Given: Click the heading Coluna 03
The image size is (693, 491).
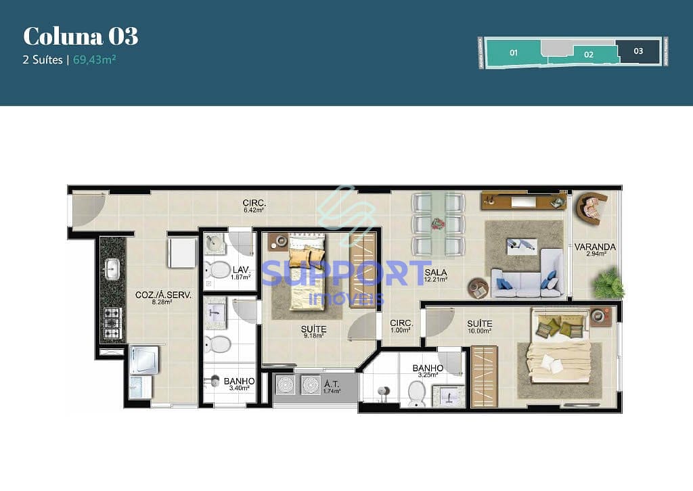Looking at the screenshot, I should [81, 36].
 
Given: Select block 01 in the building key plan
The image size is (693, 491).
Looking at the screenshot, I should [514, 52].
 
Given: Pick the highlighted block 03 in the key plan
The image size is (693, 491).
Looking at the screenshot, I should [638, 51].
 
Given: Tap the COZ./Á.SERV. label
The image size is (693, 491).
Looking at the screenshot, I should [163, 298].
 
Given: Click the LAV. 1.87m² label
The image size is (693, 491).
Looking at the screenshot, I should [242, 273].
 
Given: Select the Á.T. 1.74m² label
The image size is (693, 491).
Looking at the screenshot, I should [332, 388].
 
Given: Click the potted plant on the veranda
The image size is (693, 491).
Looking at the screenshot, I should [608, 283].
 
